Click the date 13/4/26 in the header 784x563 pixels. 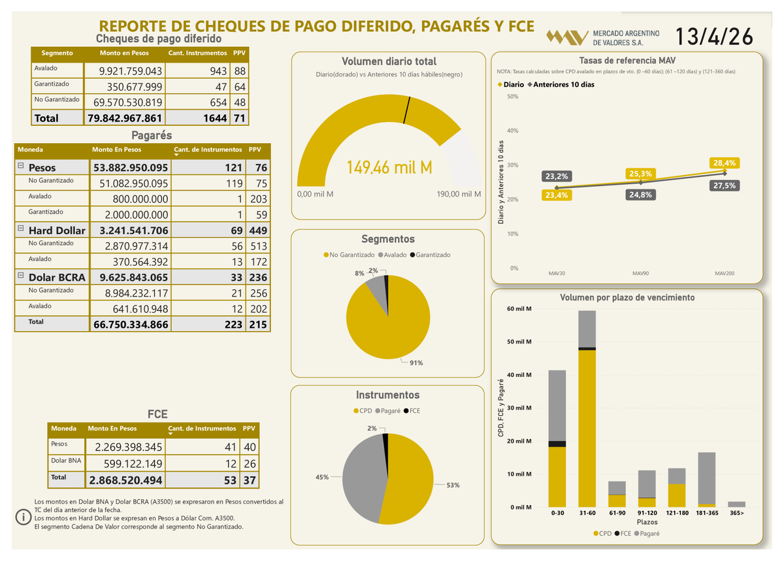[713, 37]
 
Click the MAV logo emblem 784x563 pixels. [566, 37]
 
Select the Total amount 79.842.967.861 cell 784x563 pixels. [124, 118]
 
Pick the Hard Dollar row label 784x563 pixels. [56, 230]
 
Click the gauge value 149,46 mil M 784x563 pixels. [389, 169]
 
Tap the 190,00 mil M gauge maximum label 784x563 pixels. [459, 194]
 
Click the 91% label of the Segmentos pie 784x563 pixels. [416, 363]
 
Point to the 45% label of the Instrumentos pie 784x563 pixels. [322, 477]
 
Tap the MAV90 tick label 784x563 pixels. [640, 273]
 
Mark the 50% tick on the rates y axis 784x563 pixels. [512, 97]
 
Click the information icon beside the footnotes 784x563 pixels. [24, 517]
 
